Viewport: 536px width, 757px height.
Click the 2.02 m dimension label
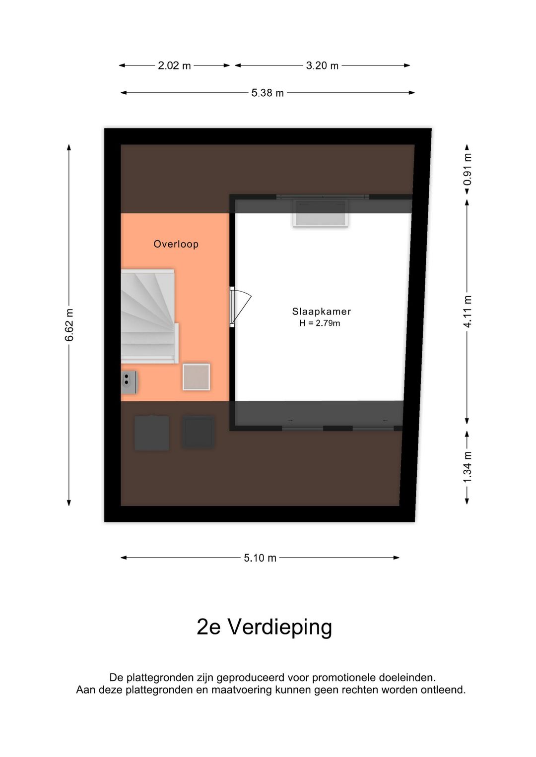(174, 65)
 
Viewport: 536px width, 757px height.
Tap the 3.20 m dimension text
(322, 65)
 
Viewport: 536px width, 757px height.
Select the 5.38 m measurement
(268, 93)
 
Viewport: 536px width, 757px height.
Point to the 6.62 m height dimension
(69, 325)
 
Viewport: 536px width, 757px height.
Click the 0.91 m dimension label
(468, 169)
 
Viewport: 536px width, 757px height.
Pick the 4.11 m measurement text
(468, 312)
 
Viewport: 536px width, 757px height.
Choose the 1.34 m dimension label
(468, 467)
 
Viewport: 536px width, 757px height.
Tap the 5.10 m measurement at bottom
(260, 558)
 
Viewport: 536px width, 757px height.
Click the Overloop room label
(176, 244)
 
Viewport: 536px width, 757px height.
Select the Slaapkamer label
(321, 312)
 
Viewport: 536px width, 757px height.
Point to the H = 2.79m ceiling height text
(320, 323)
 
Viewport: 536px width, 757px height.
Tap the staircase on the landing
(148, 316)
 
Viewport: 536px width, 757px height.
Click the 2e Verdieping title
(264, 627)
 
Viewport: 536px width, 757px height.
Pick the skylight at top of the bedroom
(321, 213)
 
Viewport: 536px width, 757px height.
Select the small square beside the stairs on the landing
(196, 377)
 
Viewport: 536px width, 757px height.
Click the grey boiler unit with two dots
(129, 382)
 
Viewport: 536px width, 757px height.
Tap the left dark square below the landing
(151, 433)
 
